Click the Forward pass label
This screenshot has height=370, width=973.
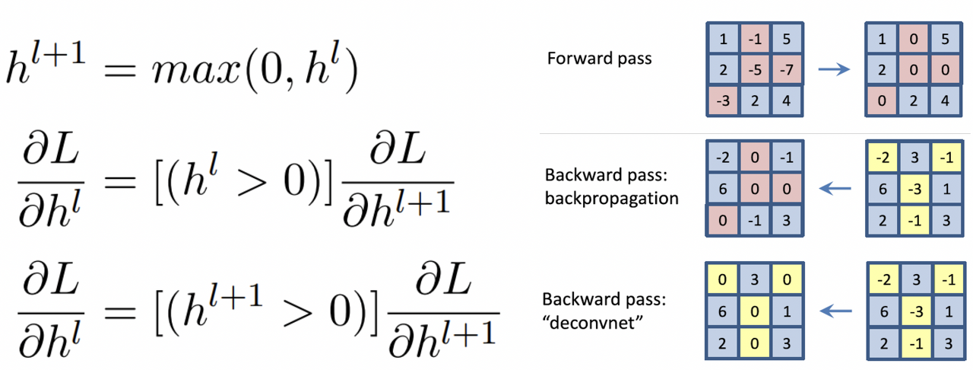coord(600,58)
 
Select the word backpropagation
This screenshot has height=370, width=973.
coord(612,199)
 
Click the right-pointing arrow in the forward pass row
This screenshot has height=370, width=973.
coord(833,71)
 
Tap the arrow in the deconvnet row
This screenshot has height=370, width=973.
coord(833,309)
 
